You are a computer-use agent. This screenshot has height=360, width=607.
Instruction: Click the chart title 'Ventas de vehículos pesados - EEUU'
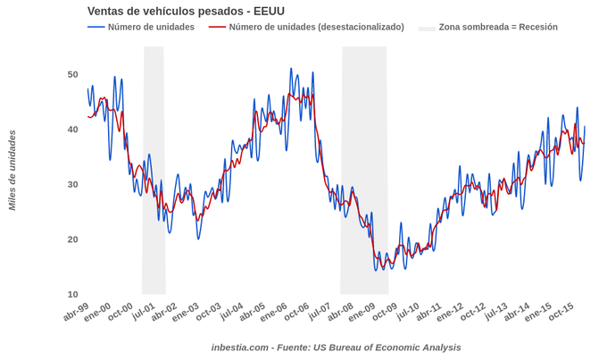(186, 11)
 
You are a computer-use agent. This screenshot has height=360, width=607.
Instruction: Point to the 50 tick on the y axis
(72, 74)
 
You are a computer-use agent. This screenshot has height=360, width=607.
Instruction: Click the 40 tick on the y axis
(72, 130)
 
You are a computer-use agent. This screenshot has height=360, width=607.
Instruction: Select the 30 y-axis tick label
(72, 184)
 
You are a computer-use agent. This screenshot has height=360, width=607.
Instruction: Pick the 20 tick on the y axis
(72, 239)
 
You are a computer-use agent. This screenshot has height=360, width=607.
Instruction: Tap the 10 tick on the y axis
(72, 294)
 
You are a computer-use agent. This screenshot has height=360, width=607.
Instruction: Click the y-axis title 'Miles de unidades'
(12, 170)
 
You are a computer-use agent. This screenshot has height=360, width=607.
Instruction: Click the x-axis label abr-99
(77, 312)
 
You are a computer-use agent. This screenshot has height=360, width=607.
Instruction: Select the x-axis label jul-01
(144, 312)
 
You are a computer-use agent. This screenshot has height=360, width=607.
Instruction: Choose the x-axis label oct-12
(473, 312)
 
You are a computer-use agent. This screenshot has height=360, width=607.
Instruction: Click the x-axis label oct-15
(561, 312)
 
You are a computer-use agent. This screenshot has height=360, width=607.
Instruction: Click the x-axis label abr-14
(517, 312)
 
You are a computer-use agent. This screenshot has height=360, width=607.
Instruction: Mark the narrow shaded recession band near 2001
(154, 170)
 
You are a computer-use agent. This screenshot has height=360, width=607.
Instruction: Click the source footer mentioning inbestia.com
(337, 347)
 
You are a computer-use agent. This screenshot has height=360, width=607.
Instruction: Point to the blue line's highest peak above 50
(291, 69)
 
